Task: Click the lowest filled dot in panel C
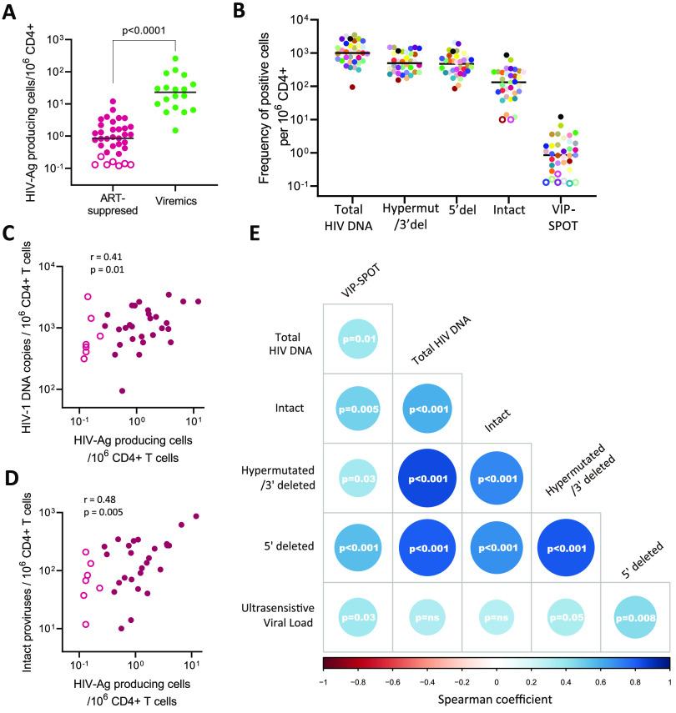click(x=123, y=390)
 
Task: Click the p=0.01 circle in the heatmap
click(x=357, y=339)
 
